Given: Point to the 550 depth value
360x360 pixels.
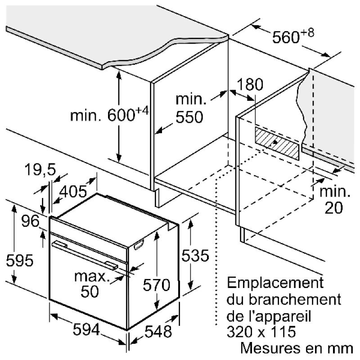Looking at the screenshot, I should point(189,117).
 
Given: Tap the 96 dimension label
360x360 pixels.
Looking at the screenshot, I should point(31,221).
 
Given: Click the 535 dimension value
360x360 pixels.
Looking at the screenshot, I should point(195,256).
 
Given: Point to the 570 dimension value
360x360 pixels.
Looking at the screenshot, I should point(157,284).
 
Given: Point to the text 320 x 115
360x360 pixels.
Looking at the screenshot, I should point(261,332).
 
